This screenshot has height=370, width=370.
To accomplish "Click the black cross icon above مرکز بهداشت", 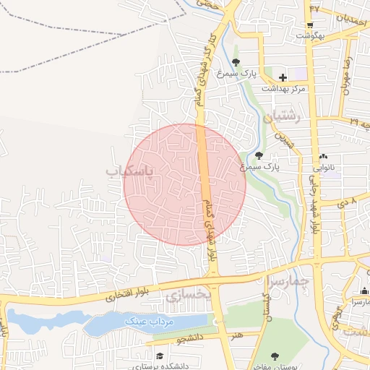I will click(x=283, y=77).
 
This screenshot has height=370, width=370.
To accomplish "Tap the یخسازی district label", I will click(x=187, y=295).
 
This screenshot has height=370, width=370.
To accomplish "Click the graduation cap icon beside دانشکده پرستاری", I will click(x=158, y=357).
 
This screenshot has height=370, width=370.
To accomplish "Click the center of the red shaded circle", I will click(x=185, y=184).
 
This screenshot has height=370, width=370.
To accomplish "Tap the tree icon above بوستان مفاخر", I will click(x=275, y=356).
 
